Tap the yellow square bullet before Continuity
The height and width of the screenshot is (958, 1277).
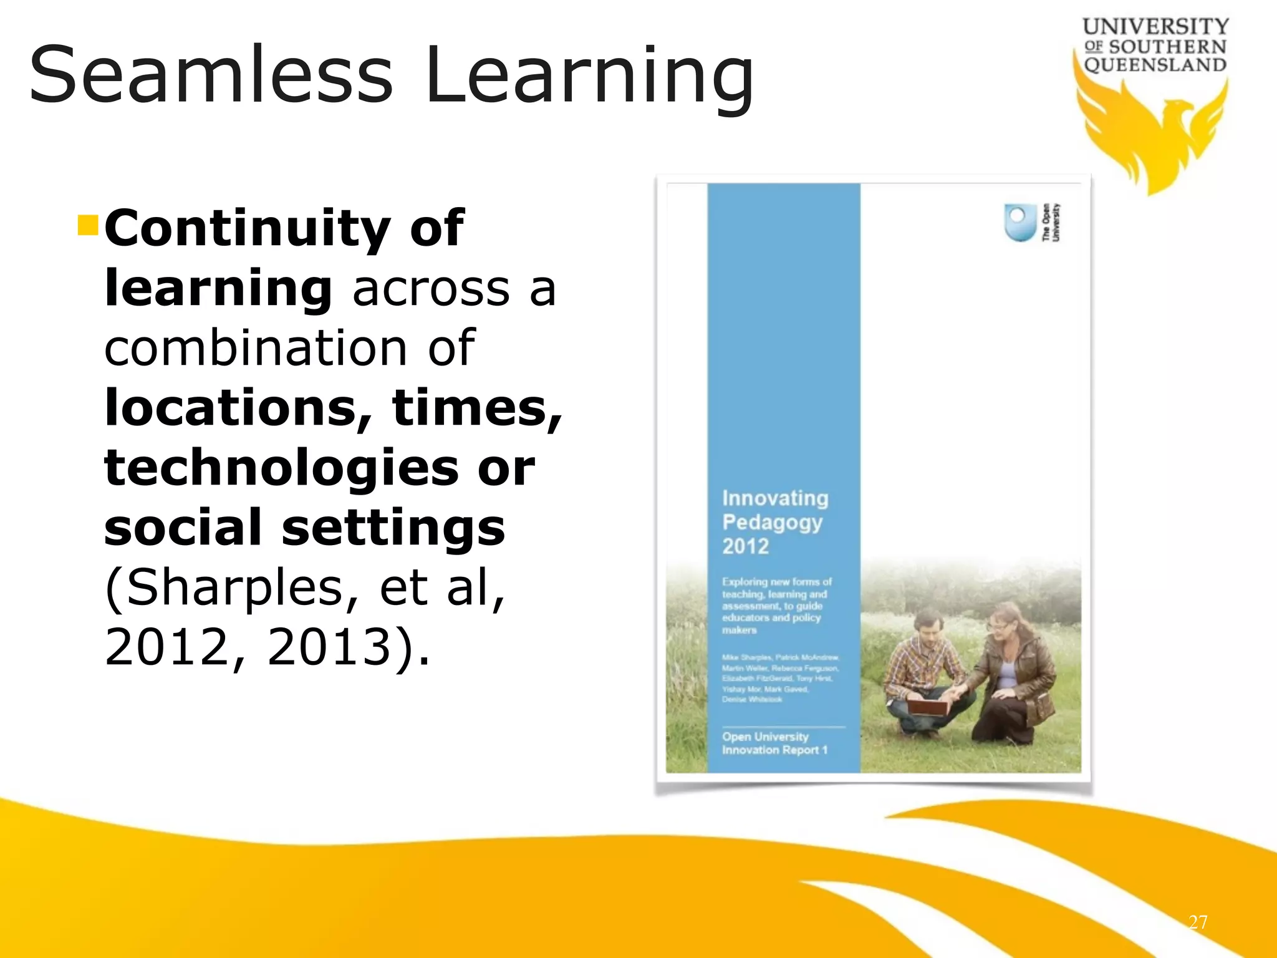click(88, 225)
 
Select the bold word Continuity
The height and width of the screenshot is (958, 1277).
click(246, 228)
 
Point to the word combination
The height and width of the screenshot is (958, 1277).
click(256, 348)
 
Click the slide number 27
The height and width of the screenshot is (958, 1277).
click(1197, 922)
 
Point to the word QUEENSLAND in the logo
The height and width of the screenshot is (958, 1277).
click(1155, 65)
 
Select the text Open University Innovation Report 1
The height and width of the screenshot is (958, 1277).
click(774, 743)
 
